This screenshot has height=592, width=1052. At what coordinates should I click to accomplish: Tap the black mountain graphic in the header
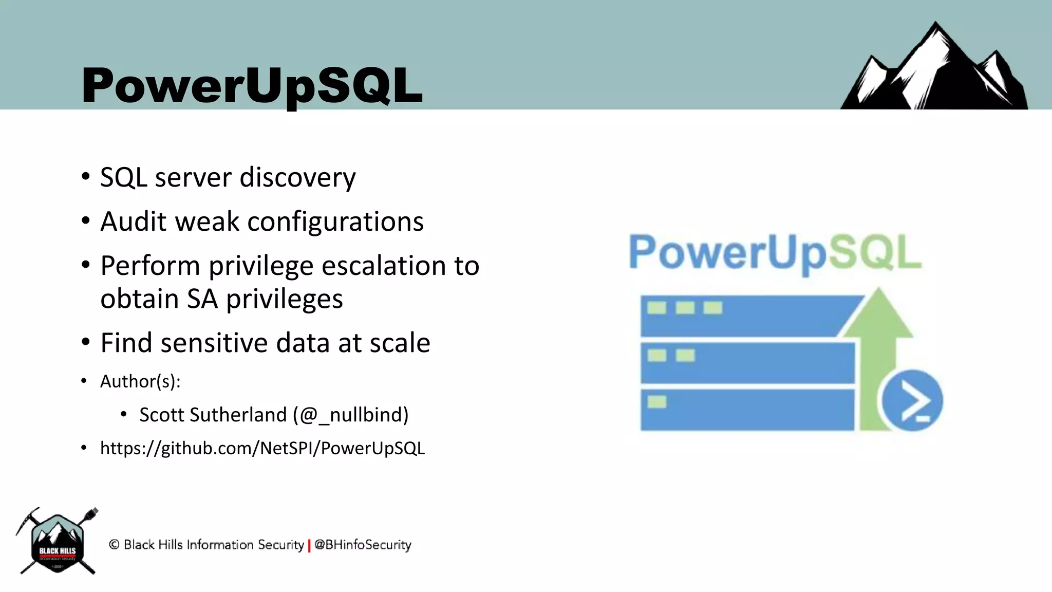tap(934, 72)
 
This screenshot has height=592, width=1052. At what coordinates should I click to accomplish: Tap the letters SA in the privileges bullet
tap(202, 299)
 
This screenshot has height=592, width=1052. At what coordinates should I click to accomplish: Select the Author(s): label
tap(140, 382)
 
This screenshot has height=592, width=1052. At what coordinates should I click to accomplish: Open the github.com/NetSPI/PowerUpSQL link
tap(262, 449)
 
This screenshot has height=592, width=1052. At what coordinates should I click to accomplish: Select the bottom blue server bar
tap(747, 411)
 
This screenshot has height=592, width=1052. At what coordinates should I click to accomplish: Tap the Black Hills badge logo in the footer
tap(57, 542)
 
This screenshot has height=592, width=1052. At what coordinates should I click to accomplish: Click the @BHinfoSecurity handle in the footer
tap(363, 545)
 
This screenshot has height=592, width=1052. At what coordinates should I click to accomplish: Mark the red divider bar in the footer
tap(309, 546)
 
